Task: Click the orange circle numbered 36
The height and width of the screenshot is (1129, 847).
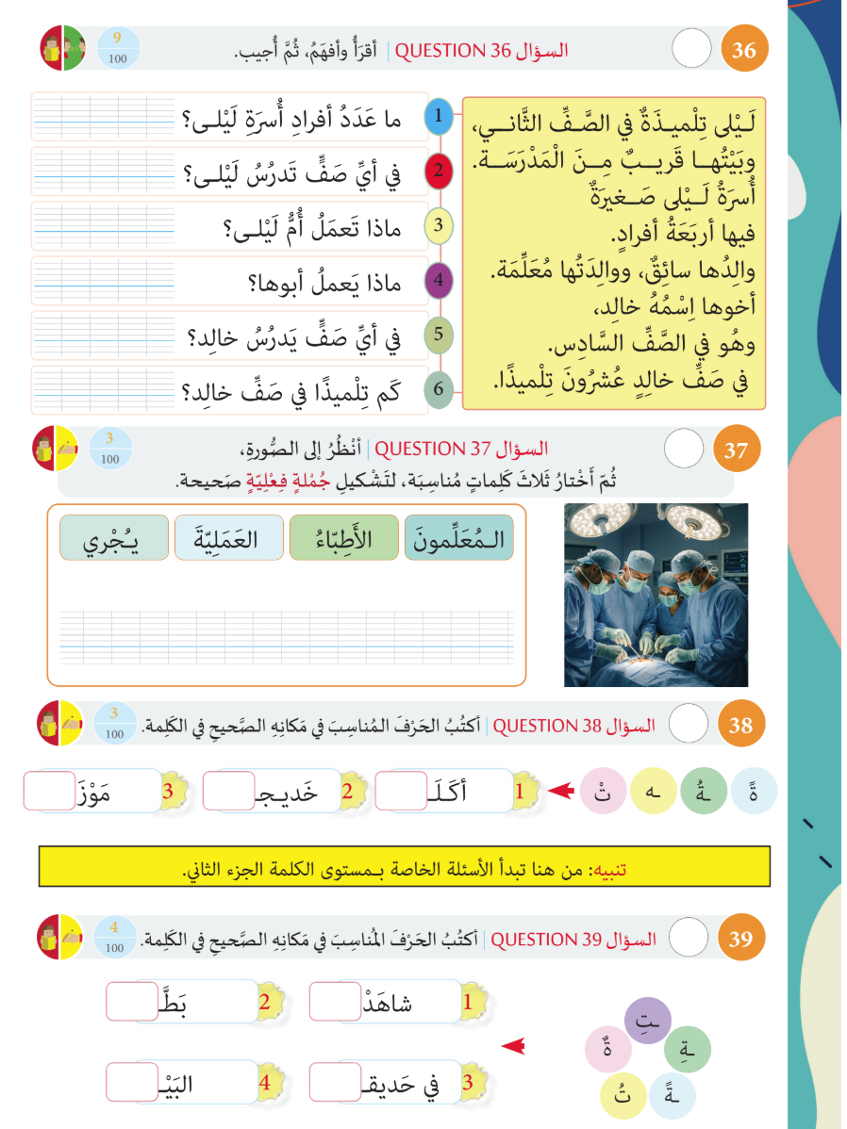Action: [x=744, y=51]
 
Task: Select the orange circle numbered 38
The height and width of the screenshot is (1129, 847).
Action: [x=742, y=726]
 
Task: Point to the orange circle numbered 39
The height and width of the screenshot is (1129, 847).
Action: [x=742, y=940]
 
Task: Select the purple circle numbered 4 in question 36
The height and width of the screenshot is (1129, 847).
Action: [x=440, y=280]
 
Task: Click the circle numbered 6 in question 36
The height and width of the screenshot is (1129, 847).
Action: [x=440, y=389]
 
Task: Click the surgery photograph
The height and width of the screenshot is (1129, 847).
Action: [x=656, y=595]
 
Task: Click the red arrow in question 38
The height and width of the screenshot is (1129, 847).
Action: [x=561, y=791]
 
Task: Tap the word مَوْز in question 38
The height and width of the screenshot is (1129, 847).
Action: [x=117, y=791]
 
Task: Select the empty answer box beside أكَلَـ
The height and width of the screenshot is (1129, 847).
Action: [x=402, y=791]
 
